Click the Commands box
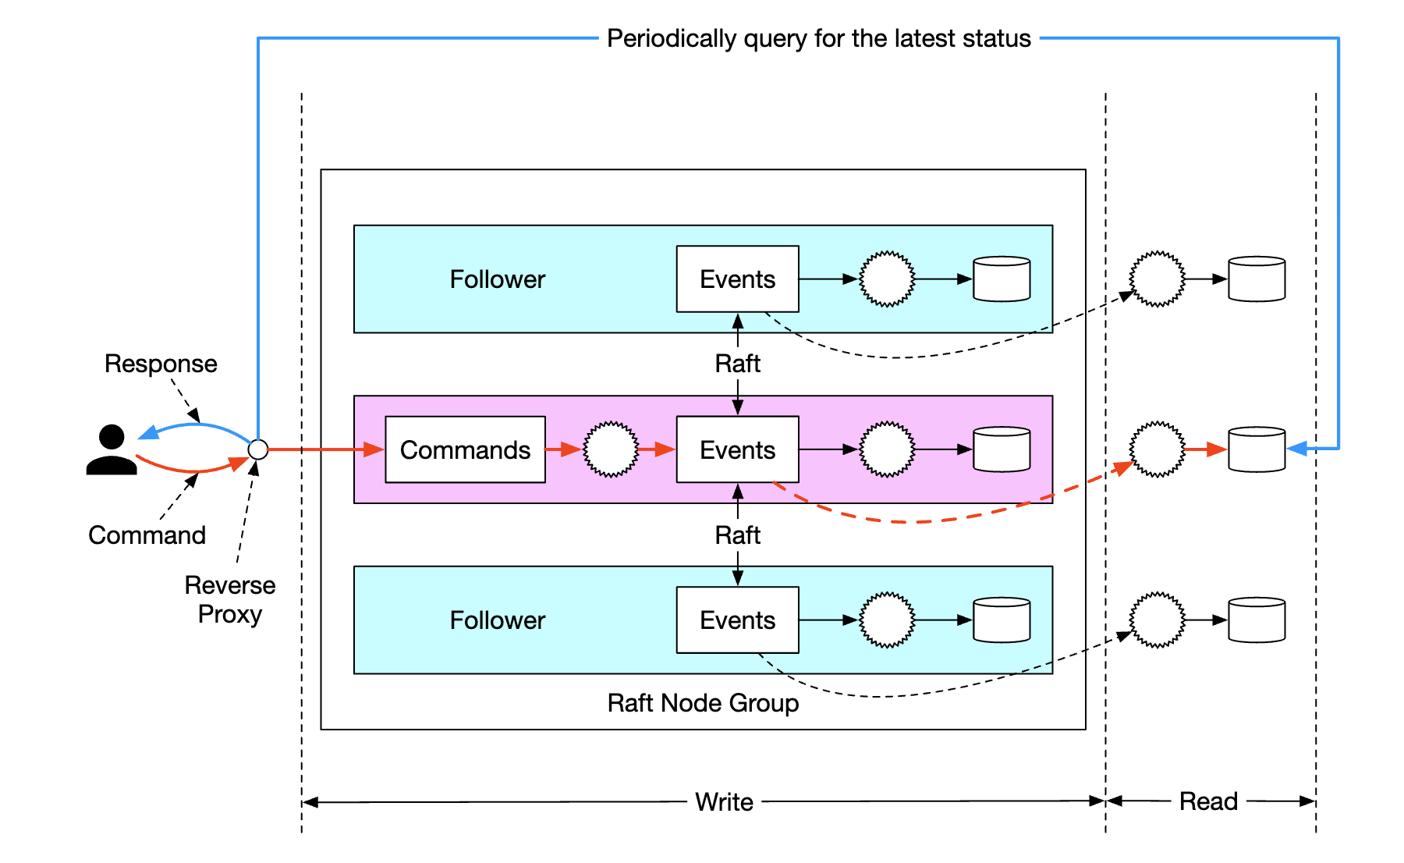465,449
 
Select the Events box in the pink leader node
737,449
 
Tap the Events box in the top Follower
737,279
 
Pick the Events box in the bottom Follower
737,620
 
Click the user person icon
112,450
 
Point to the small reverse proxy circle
258,449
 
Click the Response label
161,364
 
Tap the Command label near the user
147,535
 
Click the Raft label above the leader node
737,364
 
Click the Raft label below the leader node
737,535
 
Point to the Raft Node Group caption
703,703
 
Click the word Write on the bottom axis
724,802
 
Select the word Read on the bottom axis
1208,801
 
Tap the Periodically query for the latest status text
819,38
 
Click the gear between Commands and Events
611,449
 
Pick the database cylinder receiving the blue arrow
1257,449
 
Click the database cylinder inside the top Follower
1002,279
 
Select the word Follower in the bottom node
498,620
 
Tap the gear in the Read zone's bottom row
1158,620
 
